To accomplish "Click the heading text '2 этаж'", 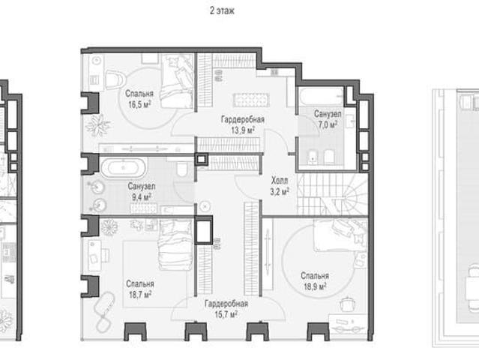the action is click(222, 10).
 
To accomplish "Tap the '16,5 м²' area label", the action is click(139, 104).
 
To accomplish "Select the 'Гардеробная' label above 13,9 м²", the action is click(243, 119).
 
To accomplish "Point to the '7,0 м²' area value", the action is click(328, 124).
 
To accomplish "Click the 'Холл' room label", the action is click(280, 181).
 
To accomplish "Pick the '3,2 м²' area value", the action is click(280, 191).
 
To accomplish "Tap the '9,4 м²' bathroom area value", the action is click(142, 197).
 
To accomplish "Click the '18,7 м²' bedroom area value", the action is click(140, 295).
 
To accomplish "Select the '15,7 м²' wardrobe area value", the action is click(226, 314).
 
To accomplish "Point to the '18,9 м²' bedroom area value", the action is click(315, 286).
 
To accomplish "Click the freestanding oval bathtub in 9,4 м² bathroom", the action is click(124, 168).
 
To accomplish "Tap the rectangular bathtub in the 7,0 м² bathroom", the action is click(321, 97).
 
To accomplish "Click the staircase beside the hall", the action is click(332, 194).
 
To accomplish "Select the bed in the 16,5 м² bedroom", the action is click(177, 81).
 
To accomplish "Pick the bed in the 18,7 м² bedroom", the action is click(175, 244).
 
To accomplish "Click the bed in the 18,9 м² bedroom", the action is click(340, 234).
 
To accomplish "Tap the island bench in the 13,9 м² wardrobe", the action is click(251, 100).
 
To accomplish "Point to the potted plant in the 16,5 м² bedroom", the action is click(97, 125).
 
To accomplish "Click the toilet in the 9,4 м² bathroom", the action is click(182, 169).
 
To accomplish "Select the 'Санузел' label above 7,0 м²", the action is click(328, 114).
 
